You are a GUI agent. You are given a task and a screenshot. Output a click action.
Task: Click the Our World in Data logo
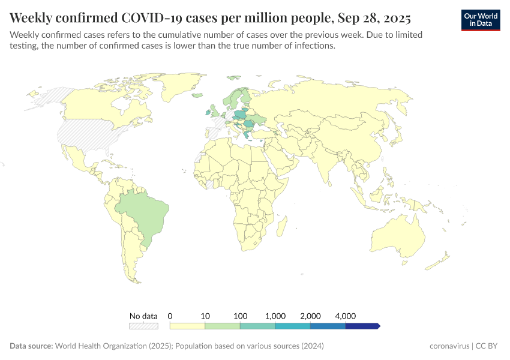point(481,20)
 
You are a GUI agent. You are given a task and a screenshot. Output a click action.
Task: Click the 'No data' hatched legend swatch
point(143,326)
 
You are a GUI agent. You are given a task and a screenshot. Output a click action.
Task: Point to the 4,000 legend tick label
point(346,316)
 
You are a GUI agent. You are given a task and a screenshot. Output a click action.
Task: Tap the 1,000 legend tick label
point(275,316)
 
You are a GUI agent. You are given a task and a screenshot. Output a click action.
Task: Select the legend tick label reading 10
point(205,316)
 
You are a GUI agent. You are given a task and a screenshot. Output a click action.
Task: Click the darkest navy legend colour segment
point(362,326)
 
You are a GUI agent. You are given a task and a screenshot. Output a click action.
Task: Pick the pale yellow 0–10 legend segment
point(187,326)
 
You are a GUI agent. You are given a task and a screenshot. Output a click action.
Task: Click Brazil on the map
point(141,213)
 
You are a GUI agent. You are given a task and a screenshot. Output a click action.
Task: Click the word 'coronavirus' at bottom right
point(450,346)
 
